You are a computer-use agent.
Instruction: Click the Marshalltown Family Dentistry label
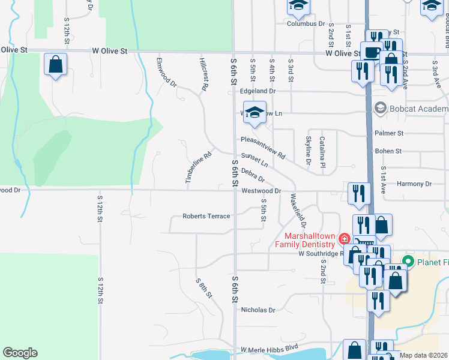pos(305,240)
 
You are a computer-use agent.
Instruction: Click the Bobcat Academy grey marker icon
pos(379,109)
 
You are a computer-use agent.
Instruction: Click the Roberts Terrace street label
pos(206,216)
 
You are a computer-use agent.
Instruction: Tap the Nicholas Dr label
pos(258,310)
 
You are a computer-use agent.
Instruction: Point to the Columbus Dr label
pos(306,24)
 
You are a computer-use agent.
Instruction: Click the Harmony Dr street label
pos(414,184)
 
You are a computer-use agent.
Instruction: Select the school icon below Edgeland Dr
pos(255,113)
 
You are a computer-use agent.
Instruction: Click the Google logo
pos(20,353)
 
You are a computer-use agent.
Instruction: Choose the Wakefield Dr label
pos(298,209)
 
